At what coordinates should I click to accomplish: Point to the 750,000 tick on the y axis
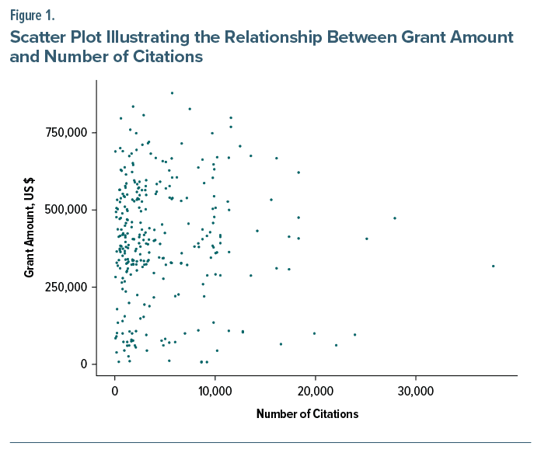tap(67, 133)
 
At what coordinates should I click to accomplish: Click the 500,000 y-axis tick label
tap(67, 210)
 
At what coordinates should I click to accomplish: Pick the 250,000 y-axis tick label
tap(67, 287)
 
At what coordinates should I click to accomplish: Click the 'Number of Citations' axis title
tap(307, 414)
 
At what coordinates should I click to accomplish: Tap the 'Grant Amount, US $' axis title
tap(29, 226)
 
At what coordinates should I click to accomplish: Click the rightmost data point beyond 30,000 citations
tap(493, 266)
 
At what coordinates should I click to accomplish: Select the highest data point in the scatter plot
tap(172, 92)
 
